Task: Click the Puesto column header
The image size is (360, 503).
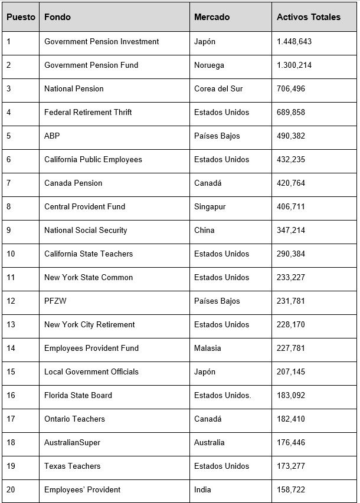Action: click(21, 17)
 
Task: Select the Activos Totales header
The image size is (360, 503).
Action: click(308, 17)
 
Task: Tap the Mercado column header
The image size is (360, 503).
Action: click(212, 17)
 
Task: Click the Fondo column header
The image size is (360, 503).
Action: click(57, 17)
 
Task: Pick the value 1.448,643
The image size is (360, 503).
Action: click(294, 41)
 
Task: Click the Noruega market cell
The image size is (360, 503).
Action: click(209, 65)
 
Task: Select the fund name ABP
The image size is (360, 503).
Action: click(52, 136)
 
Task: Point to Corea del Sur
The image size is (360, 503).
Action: click(218, 88)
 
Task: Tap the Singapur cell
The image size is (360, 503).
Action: click(210, 206)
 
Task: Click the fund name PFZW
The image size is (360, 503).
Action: click(56, 301)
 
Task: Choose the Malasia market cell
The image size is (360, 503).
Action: click(208, 348)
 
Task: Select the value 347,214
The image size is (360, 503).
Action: click(291, 230)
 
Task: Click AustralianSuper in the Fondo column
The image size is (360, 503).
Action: click(72, 442)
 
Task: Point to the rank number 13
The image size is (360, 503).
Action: click(11, 324)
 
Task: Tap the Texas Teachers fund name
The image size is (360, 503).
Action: click(72, 466)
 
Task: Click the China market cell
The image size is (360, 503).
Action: click(204, 230)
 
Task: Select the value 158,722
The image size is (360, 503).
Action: click(291, 489)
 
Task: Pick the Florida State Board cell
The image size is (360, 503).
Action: click(78, 395)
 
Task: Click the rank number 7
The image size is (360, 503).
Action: click(9, 183)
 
